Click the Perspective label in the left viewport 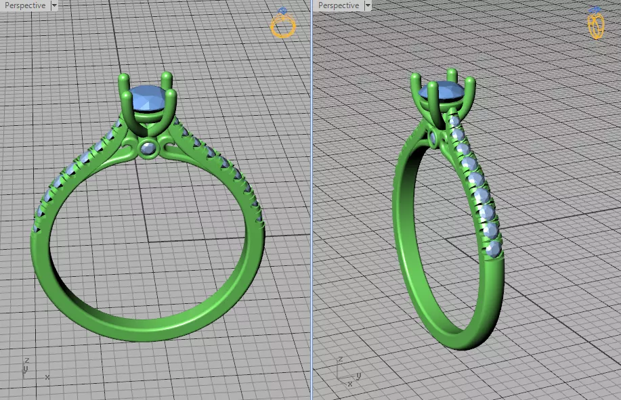point(24,5)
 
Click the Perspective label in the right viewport point(339,5)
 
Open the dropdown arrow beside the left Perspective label point(54,5)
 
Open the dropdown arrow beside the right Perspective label point(368,5)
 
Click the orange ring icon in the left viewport point(283,25)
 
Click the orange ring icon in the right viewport point(595,24)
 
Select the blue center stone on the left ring point(150,99)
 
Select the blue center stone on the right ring point(443,93)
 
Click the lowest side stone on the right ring point(494,248)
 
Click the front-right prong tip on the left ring point(171,93)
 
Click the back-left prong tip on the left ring point(124,79)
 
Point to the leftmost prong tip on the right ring point(416,79)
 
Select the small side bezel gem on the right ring point(434,139)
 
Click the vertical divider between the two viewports point(312,203)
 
